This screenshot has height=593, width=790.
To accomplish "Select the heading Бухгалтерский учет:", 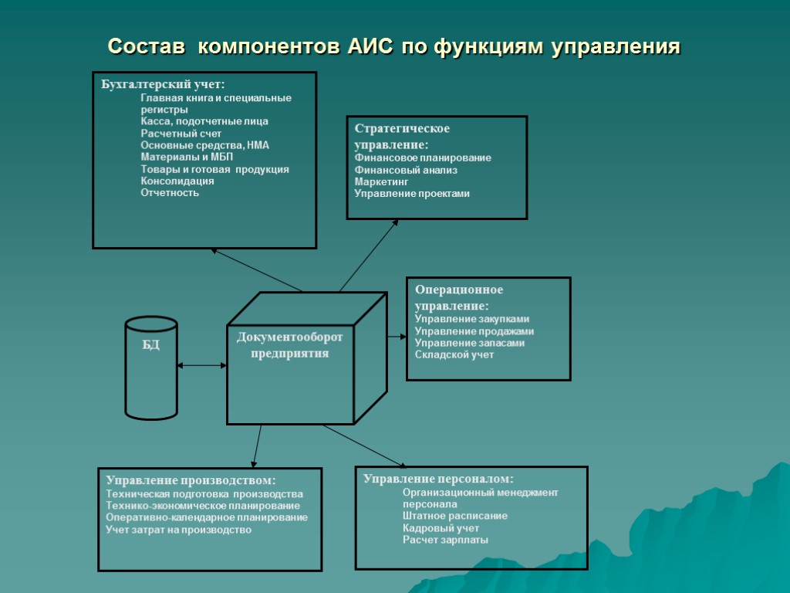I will click(163, 84).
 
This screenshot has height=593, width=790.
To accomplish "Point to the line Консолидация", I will click(177, 181).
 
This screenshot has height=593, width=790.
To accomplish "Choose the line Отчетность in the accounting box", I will click(170, 192).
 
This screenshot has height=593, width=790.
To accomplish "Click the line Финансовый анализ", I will click(406, 170).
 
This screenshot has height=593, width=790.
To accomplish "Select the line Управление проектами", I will click(412, 194).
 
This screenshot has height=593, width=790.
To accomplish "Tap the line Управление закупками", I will click(472, 319).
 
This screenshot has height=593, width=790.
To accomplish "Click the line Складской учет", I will click(454, 354).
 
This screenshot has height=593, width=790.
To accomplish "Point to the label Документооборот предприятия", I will click(289, 345).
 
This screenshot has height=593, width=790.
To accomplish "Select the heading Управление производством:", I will click(191, 479).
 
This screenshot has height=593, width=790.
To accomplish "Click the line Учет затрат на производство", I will click(179, 530).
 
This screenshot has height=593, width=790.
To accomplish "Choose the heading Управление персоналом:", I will click(438, 479).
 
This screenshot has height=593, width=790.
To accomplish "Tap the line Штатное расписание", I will click(455, 516).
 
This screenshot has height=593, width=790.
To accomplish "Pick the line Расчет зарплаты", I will click(445, 540).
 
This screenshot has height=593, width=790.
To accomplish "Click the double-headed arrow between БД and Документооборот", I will click(201, 365).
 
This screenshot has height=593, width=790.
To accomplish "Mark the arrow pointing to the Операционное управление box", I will click(397, 336).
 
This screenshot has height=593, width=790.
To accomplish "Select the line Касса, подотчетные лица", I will click(204, 121).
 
